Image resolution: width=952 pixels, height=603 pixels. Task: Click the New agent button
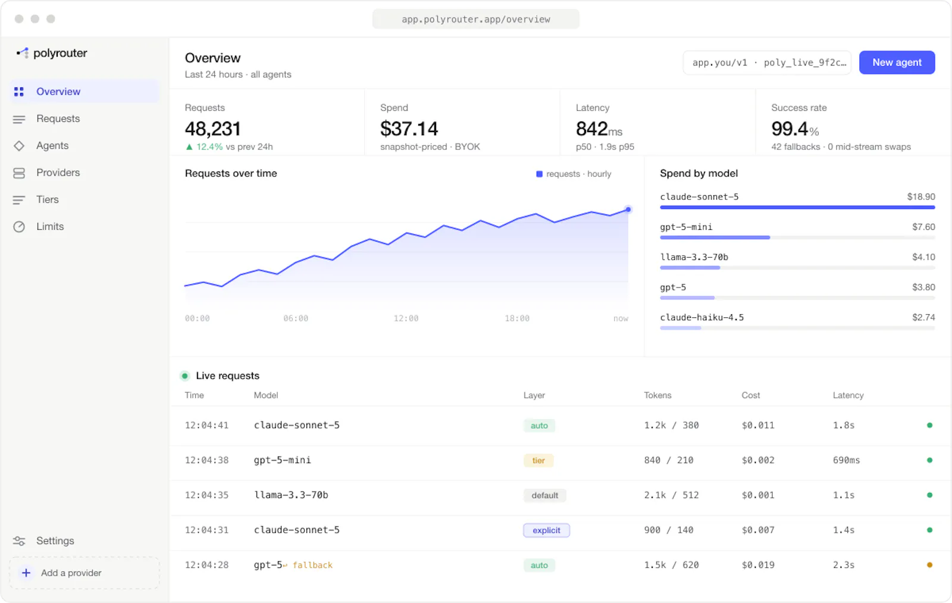[x=897, y=63]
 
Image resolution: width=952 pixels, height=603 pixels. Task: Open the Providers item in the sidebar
[x=58, y=172]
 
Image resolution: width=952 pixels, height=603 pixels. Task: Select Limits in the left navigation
[x=50, y=226]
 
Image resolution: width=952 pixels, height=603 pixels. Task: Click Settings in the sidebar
[x=55, y=540]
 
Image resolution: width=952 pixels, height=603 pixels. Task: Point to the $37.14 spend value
[x=409, y=129]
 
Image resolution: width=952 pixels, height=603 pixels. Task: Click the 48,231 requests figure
[x=213, y=129]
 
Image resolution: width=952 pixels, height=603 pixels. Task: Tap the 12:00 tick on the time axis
[x=406, y=318]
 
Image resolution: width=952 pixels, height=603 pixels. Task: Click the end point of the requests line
[x=628, y=209]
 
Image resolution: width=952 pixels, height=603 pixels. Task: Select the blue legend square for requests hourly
[x=539, y=174]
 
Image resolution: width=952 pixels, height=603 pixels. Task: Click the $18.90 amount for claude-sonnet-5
[x=921, y=196]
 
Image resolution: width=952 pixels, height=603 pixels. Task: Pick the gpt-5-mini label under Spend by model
[x=686, y=227]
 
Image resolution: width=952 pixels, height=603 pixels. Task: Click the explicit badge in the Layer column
[x=546, y=530]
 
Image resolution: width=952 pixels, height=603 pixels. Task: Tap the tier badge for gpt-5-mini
[x=538, y=460]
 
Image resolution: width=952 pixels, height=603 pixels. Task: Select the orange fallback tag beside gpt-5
[x=312, y=565]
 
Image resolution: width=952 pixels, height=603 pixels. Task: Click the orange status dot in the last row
[x=929, y=565]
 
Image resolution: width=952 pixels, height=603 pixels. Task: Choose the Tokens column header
[x=657, y=395]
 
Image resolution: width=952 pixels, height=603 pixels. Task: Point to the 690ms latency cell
[x=846, y=460]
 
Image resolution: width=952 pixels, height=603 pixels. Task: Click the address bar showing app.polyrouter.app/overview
[x=475, y=19]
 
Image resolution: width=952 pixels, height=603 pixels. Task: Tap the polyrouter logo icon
[x=23, y=53]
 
